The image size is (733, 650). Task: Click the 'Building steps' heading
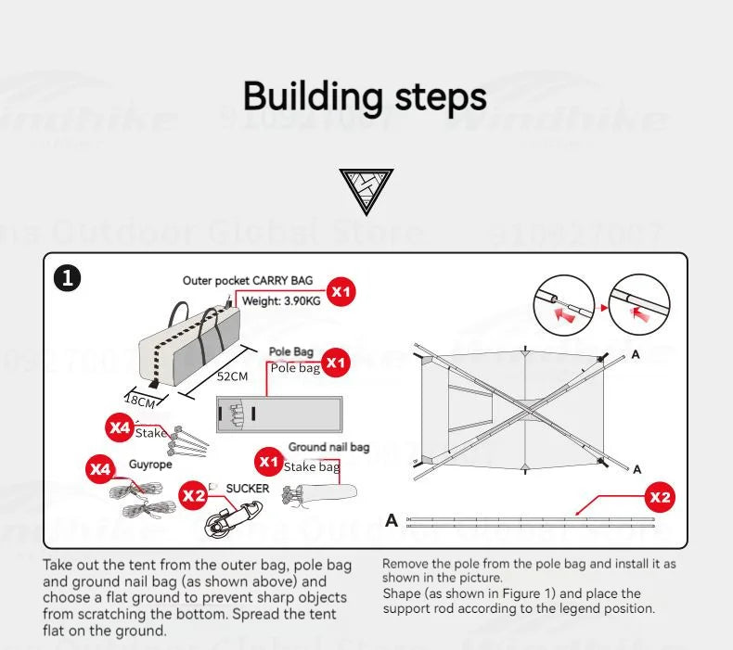click(x=365, y=96)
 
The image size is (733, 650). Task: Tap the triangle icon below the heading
click(x=366, y=191)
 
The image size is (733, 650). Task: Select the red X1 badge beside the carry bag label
click(x=342, y=292)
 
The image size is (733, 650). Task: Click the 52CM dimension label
click(x=232, y=376)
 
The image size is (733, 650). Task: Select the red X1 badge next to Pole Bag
click(x=336, y=363)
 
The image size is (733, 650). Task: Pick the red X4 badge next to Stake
click(x=120, y=427)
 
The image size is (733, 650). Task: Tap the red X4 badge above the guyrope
click(x=99, y=469)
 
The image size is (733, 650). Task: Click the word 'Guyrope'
click(x=150, y=465)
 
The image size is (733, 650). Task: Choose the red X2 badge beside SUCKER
click(x=193, y=496)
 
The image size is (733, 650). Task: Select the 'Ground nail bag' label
click(x=328, y=447)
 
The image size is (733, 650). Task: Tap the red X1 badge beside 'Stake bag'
click(x=269, y=461)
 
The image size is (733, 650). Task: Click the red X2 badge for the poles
click(x=660, y=497)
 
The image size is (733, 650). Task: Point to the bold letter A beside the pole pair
click(x=392, y=520)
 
